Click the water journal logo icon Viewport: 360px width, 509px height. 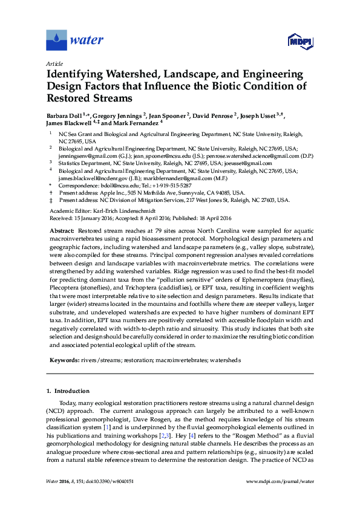click(57, 41)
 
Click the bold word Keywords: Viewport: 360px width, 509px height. click(64, 360)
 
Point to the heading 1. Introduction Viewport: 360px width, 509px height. click(68, 391)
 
